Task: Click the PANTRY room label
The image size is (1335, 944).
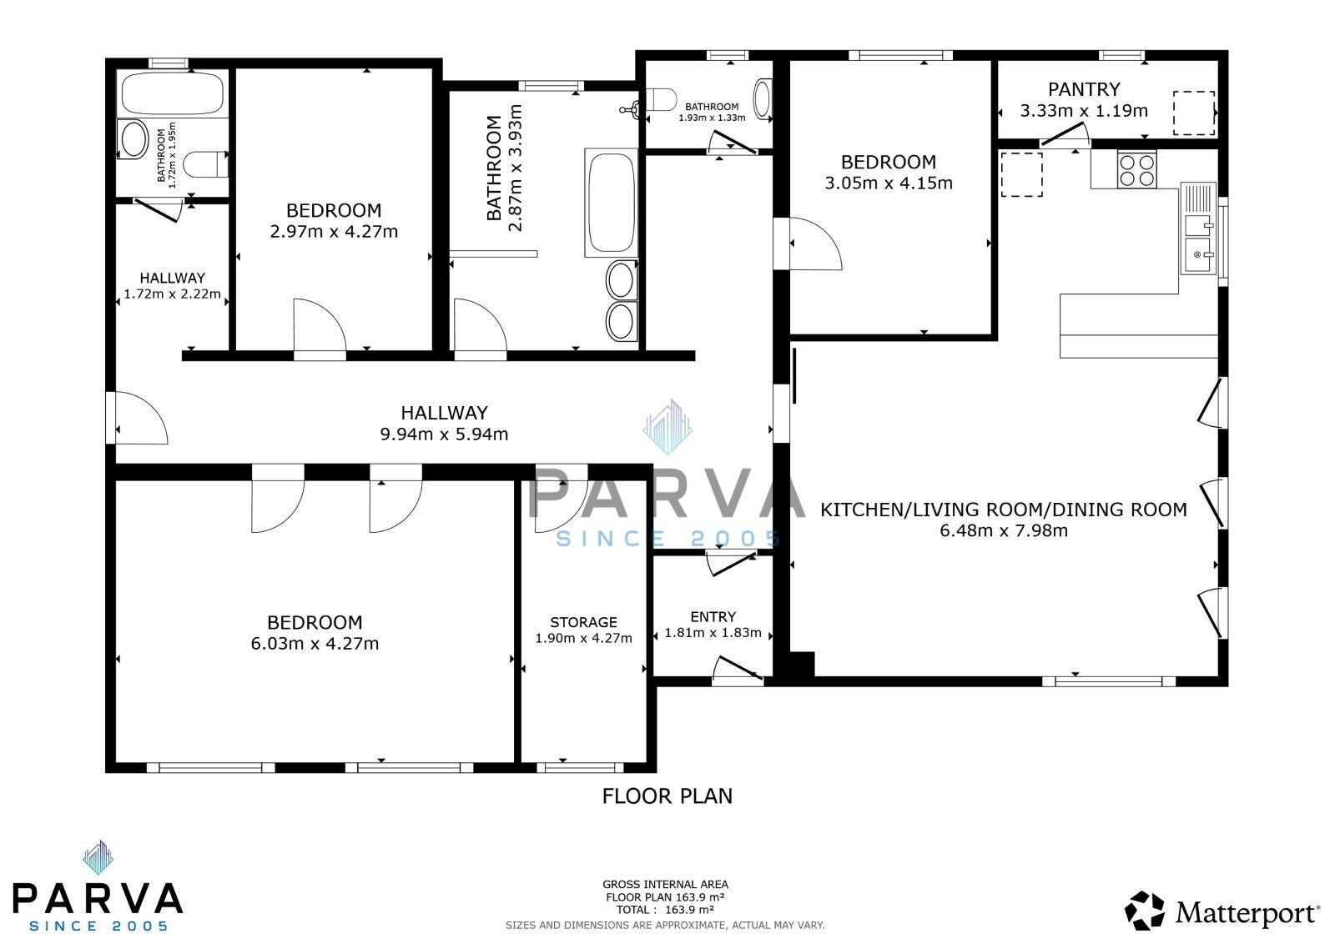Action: (x=1084, y=89)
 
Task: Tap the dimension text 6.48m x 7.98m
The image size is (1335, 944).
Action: (x=1004, y=530)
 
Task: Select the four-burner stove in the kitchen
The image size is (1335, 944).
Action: (x=1136, y=169)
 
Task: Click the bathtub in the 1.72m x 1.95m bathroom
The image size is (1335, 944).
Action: (x=172, y=93)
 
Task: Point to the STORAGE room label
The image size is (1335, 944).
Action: (x=583, y=622)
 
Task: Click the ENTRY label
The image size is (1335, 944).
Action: (x=713, y=616)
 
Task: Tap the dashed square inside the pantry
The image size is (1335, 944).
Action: (x=1193, y=113)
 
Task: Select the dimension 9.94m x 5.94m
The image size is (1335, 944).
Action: (x=444, y=434)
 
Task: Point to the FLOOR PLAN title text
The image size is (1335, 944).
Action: (x=667, y=796)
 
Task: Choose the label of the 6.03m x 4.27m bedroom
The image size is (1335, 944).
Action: (x=315, y=622)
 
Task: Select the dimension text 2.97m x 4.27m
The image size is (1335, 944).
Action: (x=334, y=232)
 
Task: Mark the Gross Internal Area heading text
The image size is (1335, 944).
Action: (x=665, y=884)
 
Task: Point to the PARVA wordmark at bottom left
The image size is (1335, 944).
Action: (x=98, y=897)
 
